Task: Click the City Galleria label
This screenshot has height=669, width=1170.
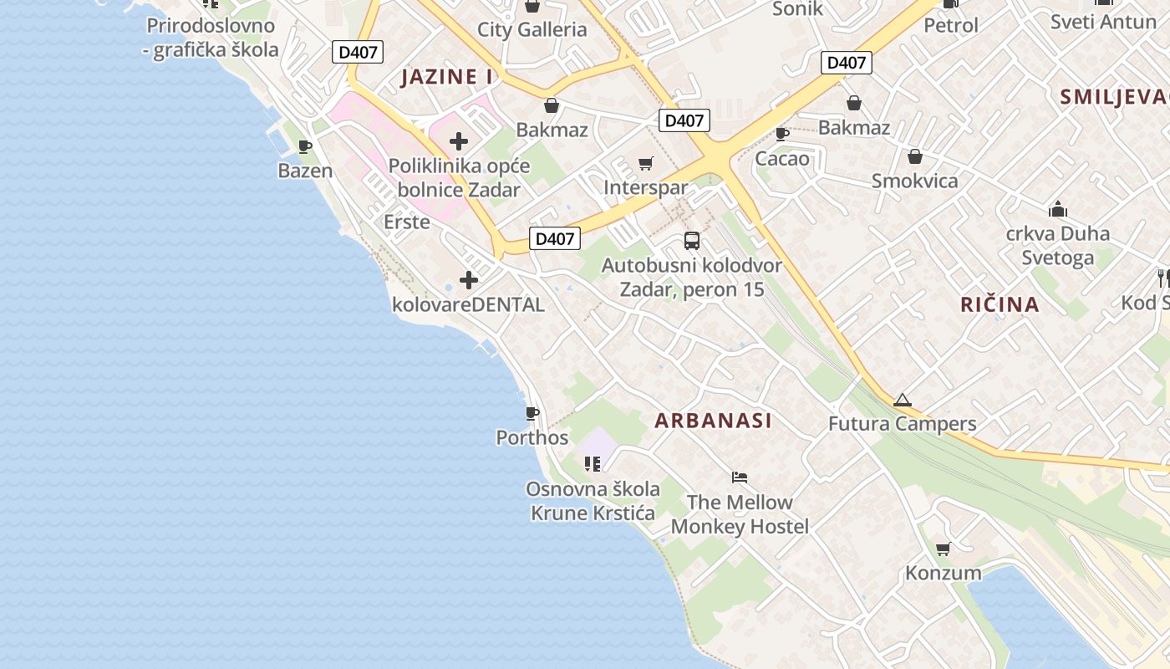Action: point(532,30)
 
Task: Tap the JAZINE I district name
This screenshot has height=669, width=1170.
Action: point(446,77)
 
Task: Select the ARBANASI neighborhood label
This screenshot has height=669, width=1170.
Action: point(713,421)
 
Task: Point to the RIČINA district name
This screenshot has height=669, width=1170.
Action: point(1000,304)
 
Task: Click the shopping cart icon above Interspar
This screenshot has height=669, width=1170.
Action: point(645,163)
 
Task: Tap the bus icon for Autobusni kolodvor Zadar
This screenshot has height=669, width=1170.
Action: point(692,241)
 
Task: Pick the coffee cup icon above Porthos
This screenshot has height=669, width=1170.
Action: point(532,413)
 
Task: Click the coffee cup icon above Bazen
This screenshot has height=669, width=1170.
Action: point(305,146)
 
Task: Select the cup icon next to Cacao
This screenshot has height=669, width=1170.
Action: point(782,134)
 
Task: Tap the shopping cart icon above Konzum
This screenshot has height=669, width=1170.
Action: point(943,549)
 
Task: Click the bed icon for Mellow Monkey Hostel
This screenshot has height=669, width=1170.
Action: point(739,477)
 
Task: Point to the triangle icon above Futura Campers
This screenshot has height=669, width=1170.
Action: point(901,400)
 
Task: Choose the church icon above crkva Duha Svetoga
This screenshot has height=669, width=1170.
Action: point(1057,208)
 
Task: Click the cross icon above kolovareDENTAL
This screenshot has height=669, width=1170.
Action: point(468,280)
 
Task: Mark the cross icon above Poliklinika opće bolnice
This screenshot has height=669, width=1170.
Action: point(458,141)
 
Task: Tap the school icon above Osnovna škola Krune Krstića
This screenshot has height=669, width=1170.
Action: point(593,463)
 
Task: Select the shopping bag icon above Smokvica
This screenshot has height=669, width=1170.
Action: point(914,156)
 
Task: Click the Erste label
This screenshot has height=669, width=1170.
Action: point(407,222)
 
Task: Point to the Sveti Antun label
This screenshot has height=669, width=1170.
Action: point(1103,22)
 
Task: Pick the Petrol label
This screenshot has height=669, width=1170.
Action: point(950,26)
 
